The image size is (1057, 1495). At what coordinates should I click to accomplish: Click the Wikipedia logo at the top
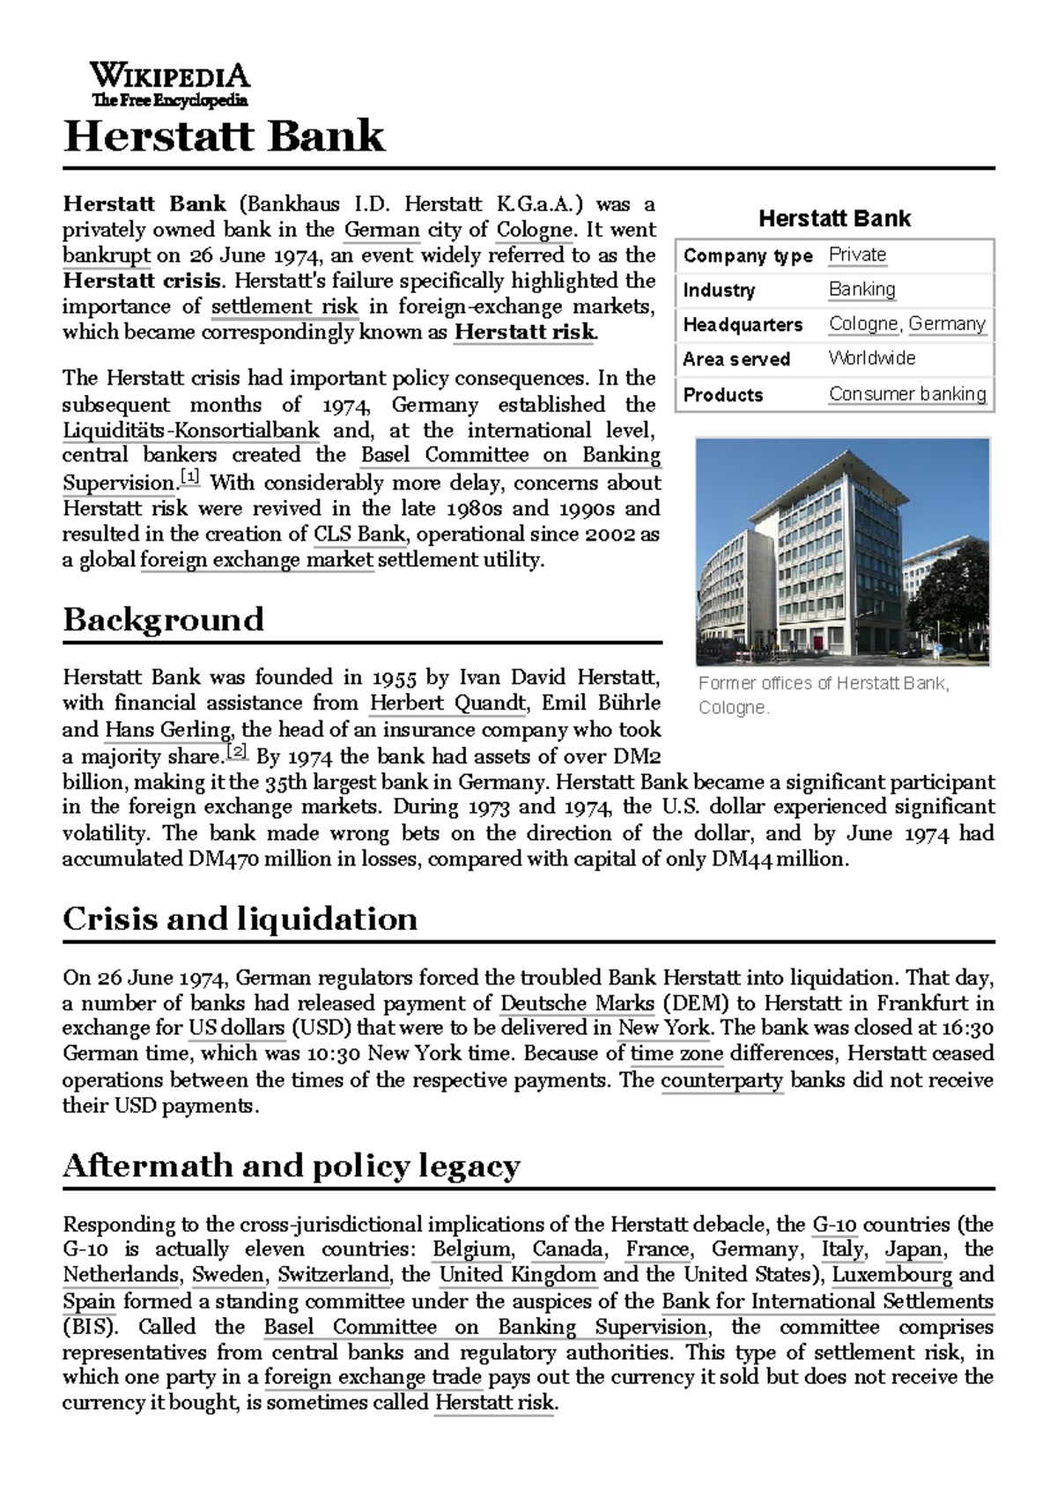click(169, 85)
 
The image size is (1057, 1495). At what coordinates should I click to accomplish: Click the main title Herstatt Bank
click(225, 137)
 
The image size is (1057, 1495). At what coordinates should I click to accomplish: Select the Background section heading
click(163, 620)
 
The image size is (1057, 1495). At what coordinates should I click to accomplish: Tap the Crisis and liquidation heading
click(240, 919)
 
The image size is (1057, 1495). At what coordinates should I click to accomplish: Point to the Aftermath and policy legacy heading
click(291, 1166)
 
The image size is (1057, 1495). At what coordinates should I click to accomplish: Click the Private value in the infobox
click(857, 255)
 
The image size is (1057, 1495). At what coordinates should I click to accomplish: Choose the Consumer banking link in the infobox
click(907, 394)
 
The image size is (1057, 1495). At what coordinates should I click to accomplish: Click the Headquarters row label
click(743, 325)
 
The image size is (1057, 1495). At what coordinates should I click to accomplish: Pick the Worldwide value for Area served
click(871, 359)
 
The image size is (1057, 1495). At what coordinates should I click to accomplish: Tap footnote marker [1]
click(190, 478)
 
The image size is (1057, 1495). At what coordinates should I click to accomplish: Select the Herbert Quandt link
click(447, 703)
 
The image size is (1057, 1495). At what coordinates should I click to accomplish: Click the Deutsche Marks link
click(577, 1003)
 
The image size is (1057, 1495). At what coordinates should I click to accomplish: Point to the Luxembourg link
click(891, 1275)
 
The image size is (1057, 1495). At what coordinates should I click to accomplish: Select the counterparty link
click(721, 1080)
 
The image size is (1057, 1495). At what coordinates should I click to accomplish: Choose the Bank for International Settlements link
click(827, 1301)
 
